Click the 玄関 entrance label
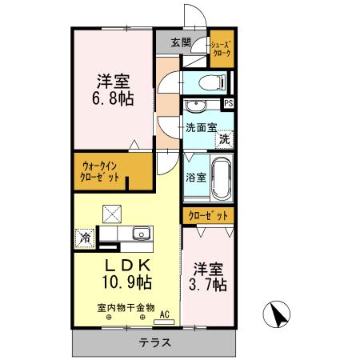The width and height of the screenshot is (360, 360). (180, 42)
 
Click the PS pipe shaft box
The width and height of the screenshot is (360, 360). (229, 104)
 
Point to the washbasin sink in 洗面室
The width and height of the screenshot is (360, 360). (195, 106)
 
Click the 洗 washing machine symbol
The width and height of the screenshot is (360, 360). (225, 138)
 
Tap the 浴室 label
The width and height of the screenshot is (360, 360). (196, 178)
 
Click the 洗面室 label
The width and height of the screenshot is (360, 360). (202, 127)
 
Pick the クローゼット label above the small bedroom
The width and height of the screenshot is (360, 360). (209, 215)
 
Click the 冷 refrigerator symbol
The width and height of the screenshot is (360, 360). (84, 237)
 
